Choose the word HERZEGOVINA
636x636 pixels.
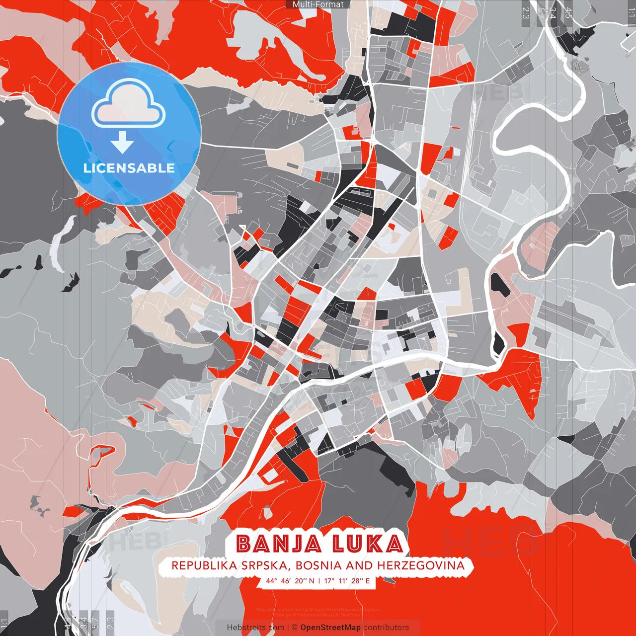[421, 565]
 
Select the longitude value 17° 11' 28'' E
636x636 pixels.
[347, 580]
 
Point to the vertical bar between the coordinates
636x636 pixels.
[319, 580]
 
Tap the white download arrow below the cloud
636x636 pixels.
[122, 144]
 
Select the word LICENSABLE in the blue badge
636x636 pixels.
[129, 168]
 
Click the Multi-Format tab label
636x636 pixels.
[318, 4]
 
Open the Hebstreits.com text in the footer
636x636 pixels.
[255, 628]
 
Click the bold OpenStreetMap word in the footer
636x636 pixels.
[330, 628]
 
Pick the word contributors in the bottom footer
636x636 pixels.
[386, 628]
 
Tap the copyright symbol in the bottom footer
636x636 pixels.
[295, 628]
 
